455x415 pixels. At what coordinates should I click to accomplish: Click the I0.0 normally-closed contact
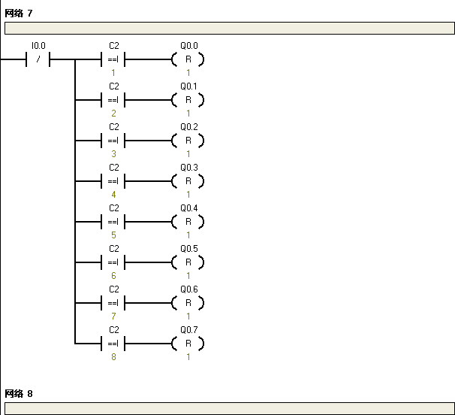pos(38,59)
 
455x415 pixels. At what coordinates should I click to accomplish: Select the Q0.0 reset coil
pos(188,59)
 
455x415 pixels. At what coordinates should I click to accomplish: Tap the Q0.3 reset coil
pos(188,181)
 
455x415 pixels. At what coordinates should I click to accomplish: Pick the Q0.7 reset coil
pos(188,344)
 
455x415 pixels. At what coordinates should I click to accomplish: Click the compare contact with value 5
pos(113,222)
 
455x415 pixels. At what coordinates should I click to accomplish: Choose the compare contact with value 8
pos(113,344)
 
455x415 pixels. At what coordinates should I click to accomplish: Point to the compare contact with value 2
pos(113,100)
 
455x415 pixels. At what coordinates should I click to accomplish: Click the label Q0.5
pos(189,249)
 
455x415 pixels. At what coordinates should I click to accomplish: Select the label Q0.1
pos(189,86)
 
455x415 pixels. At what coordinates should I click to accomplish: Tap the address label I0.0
pos(38,46)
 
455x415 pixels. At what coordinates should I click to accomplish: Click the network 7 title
pos(19,13)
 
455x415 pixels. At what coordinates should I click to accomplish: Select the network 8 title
pos(19,393)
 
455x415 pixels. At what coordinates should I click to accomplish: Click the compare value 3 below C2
pos(113,153)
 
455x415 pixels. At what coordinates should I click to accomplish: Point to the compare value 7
pos(113,316)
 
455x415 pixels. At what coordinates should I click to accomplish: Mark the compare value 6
pos(113,275)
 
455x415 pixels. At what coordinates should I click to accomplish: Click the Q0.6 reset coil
pos(188,303)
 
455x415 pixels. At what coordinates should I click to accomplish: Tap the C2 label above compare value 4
pos(114,168)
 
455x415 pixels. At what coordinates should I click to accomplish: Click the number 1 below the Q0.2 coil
pos(188,153)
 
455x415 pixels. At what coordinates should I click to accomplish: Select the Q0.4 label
pos(189,208)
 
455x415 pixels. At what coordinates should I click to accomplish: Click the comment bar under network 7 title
pos(230,28)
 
